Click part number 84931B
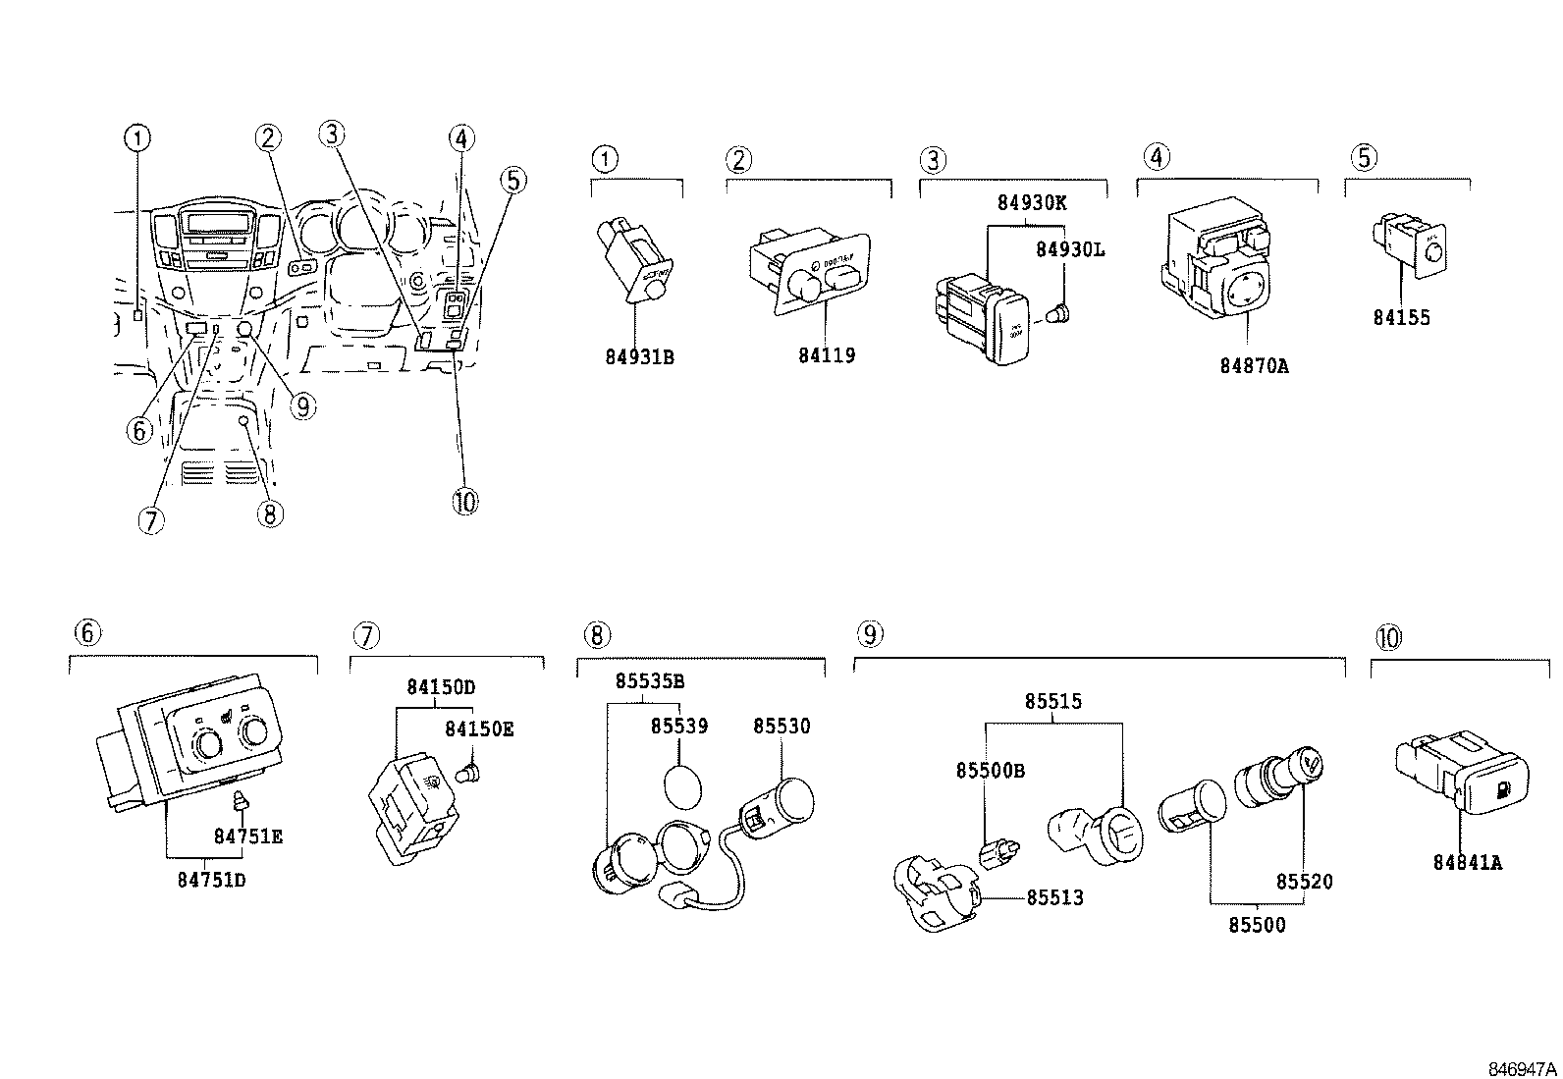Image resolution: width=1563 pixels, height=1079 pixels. (x=639, y=356)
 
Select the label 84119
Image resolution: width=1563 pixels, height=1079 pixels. (x=826, y=355)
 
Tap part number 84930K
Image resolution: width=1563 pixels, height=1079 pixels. (x=1032, y=203)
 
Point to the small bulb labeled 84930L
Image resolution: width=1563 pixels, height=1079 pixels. (x=1060, y=316)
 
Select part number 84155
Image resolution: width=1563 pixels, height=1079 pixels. (x=1401, y=317)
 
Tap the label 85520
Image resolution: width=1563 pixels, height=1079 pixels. (x=1305, y=882)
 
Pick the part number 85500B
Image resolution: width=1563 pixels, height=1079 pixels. (x=990, y=771)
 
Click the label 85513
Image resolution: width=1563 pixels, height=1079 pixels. (x=1054, y=897)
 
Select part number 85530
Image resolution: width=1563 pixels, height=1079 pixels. (x=781, y=727)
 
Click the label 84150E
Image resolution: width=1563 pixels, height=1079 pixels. (x=479, y=728)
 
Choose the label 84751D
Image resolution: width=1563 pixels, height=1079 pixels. (x=211, y=880)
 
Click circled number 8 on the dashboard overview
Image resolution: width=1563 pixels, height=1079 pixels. (x=271, y=513)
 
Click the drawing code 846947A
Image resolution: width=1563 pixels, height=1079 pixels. (x=1521, y=1068)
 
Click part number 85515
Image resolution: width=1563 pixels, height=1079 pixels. (x=1053, y=701)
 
